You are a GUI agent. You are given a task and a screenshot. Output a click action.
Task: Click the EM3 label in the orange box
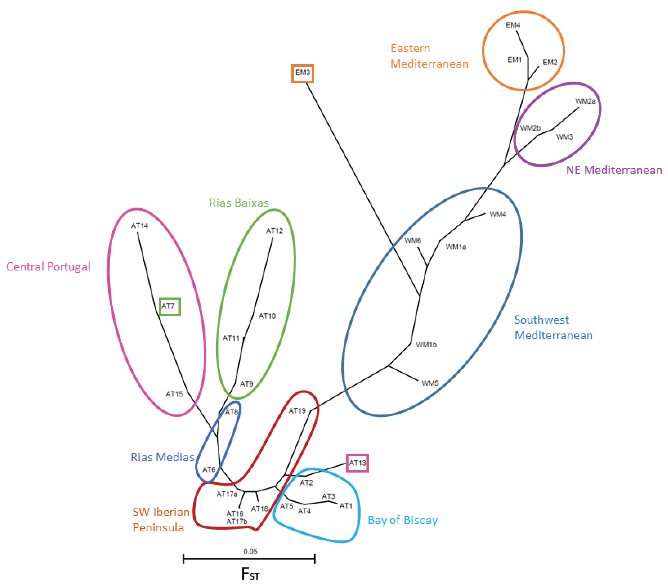point(302,73)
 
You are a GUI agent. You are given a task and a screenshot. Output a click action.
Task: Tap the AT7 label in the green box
point(168,306)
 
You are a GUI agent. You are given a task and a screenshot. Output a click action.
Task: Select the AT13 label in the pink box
point(357,463)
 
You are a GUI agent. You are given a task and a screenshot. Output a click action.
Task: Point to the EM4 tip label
point(513,25)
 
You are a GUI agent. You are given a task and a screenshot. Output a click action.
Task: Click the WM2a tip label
point(585,101)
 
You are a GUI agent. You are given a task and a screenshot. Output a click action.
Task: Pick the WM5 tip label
point(430,383)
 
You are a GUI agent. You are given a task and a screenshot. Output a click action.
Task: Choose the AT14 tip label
point(139,226)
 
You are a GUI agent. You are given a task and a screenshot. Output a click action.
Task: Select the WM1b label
point(426,344)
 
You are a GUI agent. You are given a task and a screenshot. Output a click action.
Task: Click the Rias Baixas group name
point(239,203)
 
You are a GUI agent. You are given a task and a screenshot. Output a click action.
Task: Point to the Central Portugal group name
point(48,267)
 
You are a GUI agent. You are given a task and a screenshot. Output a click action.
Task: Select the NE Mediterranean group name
point(614,170)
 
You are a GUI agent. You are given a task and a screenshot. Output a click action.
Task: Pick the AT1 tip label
point(346,506)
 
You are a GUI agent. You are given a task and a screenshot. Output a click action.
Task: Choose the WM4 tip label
point(497,214)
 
